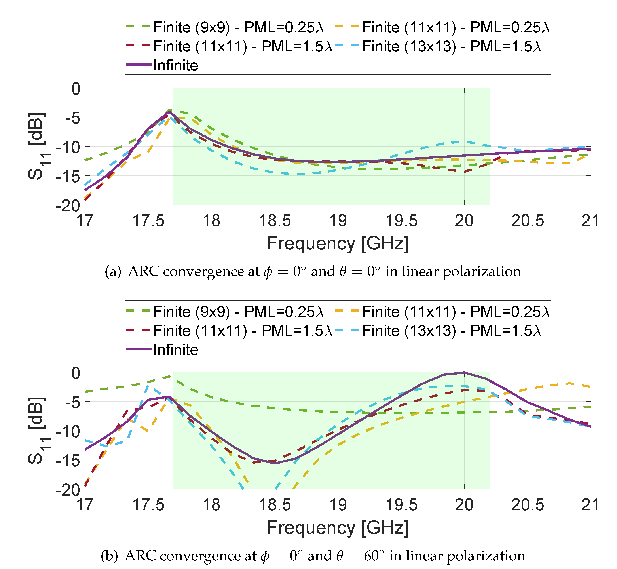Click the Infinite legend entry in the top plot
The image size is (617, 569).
click(x=175, y=65)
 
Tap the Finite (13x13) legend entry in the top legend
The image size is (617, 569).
click(x=451, y=46)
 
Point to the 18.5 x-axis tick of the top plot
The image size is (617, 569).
click(x=275, y=221)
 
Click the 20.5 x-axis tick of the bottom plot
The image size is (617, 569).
click(x=527, y=505)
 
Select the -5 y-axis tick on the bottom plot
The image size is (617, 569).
click(x=72, y=402)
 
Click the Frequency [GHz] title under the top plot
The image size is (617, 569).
click(x=338, y=243)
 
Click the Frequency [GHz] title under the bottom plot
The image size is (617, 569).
click(x=338, y=527)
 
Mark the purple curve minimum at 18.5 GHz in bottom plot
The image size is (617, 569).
click(x=275, y=463)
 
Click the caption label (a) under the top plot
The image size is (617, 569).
click(x=113, y=272)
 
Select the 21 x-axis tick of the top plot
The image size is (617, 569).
click(x=590, y=221)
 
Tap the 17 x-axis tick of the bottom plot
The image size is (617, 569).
click(x=85, y=505)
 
